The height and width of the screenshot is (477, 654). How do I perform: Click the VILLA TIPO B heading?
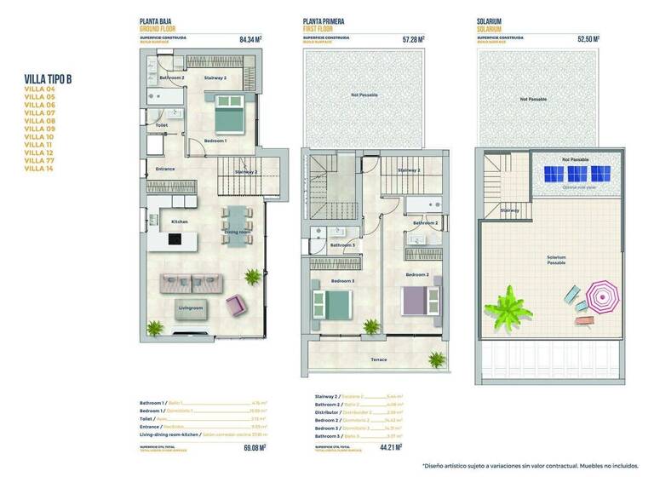[x=49, y=79]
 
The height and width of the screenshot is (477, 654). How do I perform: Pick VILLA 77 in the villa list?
[x=39, y=160]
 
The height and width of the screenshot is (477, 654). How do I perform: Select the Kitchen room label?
[x=180, y=221]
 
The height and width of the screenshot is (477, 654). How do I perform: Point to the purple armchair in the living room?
[x=234, y=303]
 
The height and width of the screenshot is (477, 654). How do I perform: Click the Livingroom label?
[x=191, y=307]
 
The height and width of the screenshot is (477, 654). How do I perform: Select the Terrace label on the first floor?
[x=379, y=359]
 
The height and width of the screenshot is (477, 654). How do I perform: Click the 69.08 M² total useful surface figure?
[x=255, y=446]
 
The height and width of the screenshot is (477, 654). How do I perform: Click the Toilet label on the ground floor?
[x=162, y=125]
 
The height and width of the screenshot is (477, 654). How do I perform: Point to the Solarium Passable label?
[x=555, y=260]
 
